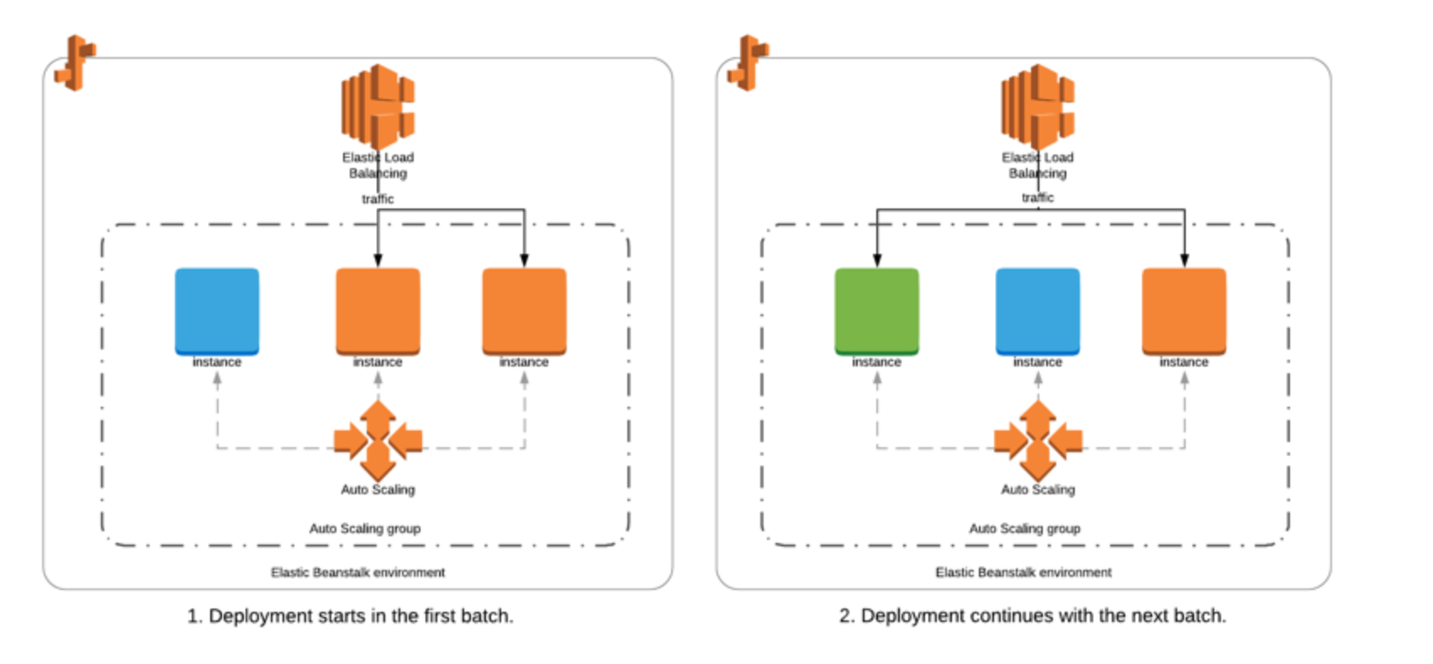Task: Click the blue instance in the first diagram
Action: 217,312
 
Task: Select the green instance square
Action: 877,312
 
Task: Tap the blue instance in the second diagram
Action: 1038,312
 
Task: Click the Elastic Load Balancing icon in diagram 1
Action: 378,106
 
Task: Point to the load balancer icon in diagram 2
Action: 1038,106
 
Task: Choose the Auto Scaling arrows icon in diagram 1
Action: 378,440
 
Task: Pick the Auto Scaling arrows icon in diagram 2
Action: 1038,440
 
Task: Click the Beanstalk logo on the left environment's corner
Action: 76,63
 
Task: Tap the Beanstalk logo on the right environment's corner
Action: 748,63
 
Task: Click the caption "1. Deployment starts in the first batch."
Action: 350,616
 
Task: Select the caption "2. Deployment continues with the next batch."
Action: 1033,616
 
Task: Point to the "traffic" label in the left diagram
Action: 378,199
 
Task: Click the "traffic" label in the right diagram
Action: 1038,198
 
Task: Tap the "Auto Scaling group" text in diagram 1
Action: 365,529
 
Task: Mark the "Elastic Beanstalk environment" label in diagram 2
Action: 1023,572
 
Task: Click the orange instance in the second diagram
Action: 1184,312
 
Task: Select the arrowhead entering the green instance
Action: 877,261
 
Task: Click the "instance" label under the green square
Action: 876,362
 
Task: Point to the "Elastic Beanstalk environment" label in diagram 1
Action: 357,572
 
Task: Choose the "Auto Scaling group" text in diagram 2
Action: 1025,529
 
